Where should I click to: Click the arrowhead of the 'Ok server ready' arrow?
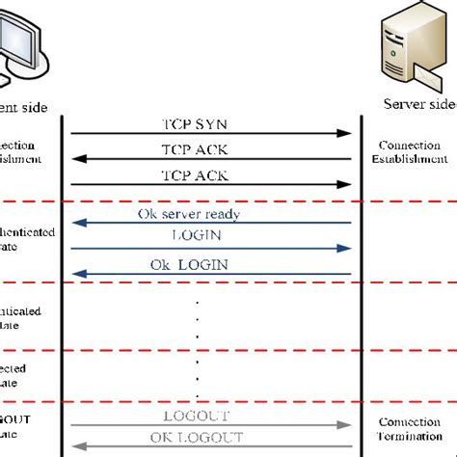(77, 224)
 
